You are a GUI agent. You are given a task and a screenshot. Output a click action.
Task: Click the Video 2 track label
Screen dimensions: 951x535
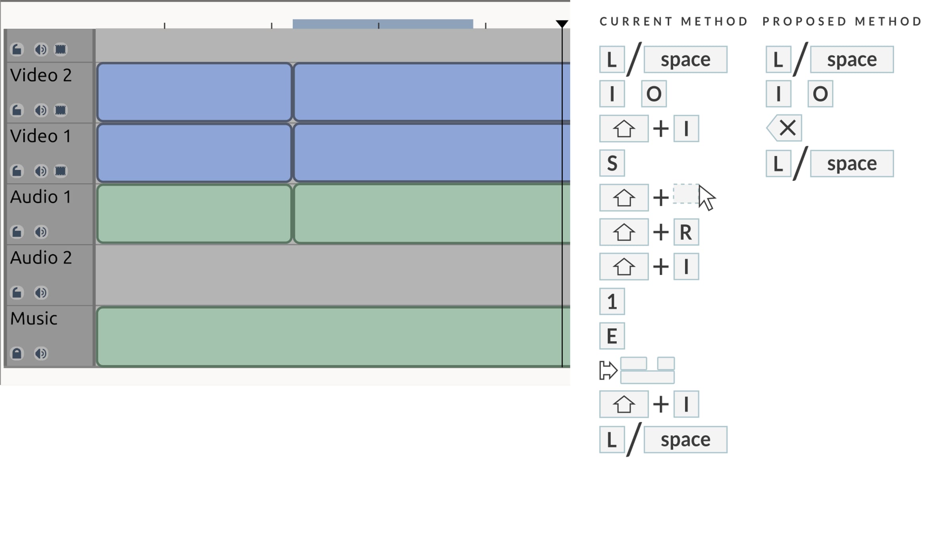41,75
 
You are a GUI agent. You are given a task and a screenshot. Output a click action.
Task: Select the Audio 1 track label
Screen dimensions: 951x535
41,197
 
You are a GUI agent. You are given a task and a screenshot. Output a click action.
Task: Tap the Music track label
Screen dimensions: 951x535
34,319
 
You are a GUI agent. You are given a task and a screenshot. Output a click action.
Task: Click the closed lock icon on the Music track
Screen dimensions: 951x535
17,353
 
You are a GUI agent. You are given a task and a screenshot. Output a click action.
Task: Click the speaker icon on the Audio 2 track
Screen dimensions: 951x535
41,292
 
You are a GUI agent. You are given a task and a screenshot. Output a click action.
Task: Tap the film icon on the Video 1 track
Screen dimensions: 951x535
60,171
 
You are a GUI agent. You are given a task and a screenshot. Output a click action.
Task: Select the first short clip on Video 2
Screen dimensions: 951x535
194,92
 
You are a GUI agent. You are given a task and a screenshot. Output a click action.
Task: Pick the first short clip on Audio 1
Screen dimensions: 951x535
194,214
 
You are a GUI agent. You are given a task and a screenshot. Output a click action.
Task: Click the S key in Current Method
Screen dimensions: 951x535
612,163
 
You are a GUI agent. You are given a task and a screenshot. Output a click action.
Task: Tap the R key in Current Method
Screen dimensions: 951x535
686,232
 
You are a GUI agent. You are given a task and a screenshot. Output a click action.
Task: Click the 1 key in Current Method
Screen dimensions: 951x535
612,301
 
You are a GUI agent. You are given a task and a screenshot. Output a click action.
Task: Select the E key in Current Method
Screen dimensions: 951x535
612,336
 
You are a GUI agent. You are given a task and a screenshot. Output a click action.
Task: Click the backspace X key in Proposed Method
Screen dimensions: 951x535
785,128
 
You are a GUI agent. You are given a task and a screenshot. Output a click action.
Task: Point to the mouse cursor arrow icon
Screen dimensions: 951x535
707,197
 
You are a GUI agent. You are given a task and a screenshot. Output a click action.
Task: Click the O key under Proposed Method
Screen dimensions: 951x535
820,94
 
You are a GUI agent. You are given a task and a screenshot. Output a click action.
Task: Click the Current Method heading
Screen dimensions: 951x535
674,21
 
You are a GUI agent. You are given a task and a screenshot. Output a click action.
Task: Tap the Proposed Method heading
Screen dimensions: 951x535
842,21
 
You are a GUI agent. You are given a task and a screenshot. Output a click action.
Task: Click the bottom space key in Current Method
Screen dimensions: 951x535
686,439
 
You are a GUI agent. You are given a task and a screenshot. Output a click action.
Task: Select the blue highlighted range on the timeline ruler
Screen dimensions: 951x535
383,24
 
